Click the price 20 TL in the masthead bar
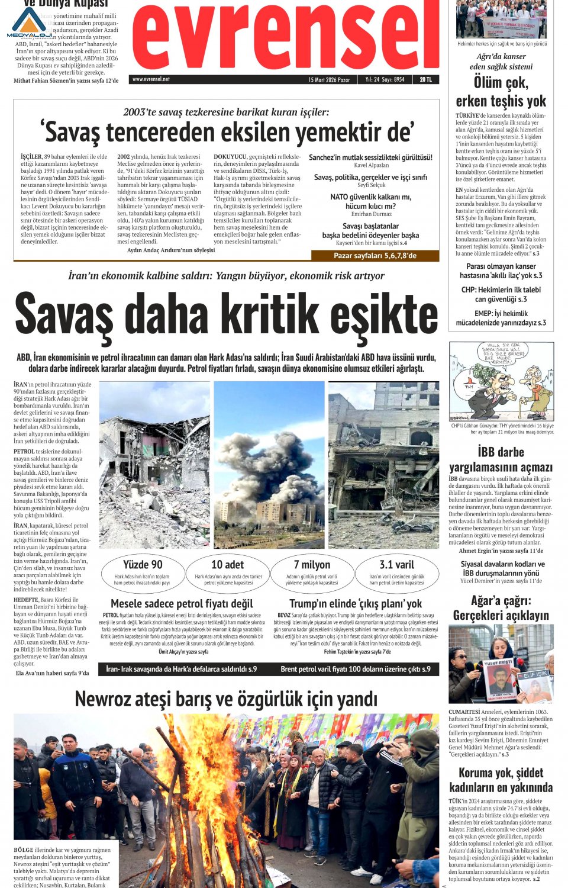(425, 79)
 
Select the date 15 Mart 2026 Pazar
(329, 79)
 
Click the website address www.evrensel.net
(151, 79)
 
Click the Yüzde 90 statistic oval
(142, 571)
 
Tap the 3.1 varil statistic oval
(396, 571)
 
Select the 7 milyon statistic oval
(312, 571)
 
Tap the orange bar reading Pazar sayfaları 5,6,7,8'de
(375, 256)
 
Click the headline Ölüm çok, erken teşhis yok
(501, 92)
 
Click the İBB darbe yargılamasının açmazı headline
(501, 459)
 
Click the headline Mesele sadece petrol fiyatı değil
(182, 603)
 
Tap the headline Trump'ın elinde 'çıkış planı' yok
(356, 603)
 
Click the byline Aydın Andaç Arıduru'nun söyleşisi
(171, 250)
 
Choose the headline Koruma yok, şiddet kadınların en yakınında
(501, 780)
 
